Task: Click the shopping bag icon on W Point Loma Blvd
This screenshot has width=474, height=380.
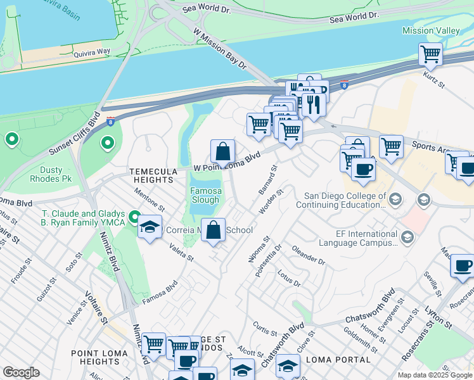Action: point(222,152)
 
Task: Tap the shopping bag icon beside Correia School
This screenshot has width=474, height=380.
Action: point(214,231)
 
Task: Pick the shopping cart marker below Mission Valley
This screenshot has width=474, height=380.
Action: point(430,54)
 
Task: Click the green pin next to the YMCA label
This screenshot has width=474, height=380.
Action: point(134,218)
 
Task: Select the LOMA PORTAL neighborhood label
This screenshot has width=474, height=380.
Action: point(338,360)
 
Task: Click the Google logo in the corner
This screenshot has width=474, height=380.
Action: point(21,372)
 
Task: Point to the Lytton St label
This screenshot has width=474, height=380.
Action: point(439,317)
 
